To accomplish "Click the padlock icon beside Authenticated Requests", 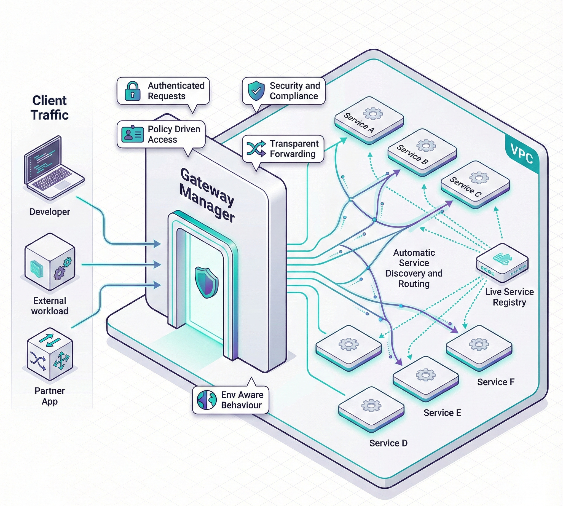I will pyautogui.click(x=133, y=91).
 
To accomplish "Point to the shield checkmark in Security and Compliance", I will pyautogui.click(x=256, y=91).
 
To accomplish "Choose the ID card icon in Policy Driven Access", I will pyautogui.click(x=133, y=134).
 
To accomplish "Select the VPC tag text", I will pyautogui.click(x=522, y=154).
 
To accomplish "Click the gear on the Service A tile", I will pyautogui.click(x=373, y=113).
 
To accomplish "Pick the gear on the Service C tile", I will pyautogui.click(x=479, y=177).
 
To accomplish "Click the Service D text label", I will pyautogui.click(x=388, y=443).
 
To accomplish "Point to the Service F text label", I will pyautogui.click(x=496, y=382).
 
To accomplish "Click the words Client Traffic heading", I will pyautogui.click(x=49, y=108).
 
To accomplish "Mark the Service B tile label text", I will pyautogui.click(x=412, y=155).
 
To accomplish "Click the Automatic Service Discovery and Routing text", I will pyautogui.click(x=414, y=268).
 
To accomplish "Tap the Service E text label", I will pyautogui.click(x=442, y=413).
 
